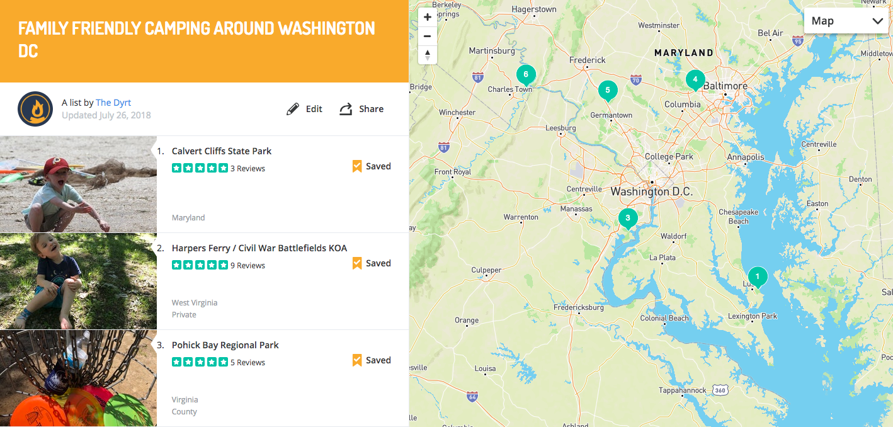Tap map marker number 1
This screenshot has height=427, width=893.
(x=758, y=276)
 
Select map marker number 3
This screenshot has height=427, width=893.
(x=627, y=219)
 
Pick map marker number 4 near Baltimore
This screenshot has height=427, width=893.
(x=695, y=79)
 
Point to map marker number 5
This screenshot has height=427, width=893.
(x=607, y=91)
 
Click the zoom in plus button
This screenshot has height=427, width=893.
(x=428, y=18)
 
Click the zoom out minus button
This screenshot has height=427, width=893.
(x=428, y=36)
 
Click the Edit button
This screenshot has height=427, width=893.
(x=305, y=109)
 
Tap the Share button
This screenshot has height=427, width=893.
(x=361, y=109)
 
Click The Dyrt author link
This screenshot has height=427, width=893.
(x=113, y=103)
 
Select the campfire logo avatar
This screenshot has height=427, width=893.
(x=35, y=109)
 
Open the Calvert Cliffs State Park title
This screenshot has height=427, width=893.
(x=222, y=151)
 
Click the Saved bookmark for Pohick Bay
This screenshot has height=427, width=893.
(x=372, y=360)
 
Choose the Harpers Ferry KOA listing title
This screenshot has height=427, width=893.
(x=259, y=248)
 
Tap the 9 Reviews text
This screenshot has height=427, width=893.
(x=247, y=266)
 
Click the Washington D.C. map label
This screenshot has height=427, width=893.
(x=651, y=191)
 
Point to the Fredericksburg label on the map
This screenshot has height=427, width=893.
(x=578, y=308)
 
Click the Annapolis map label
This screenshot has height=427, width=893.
(x=745, y=157)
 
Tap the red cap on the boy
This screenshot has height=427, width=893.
(x=55, y=166)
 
